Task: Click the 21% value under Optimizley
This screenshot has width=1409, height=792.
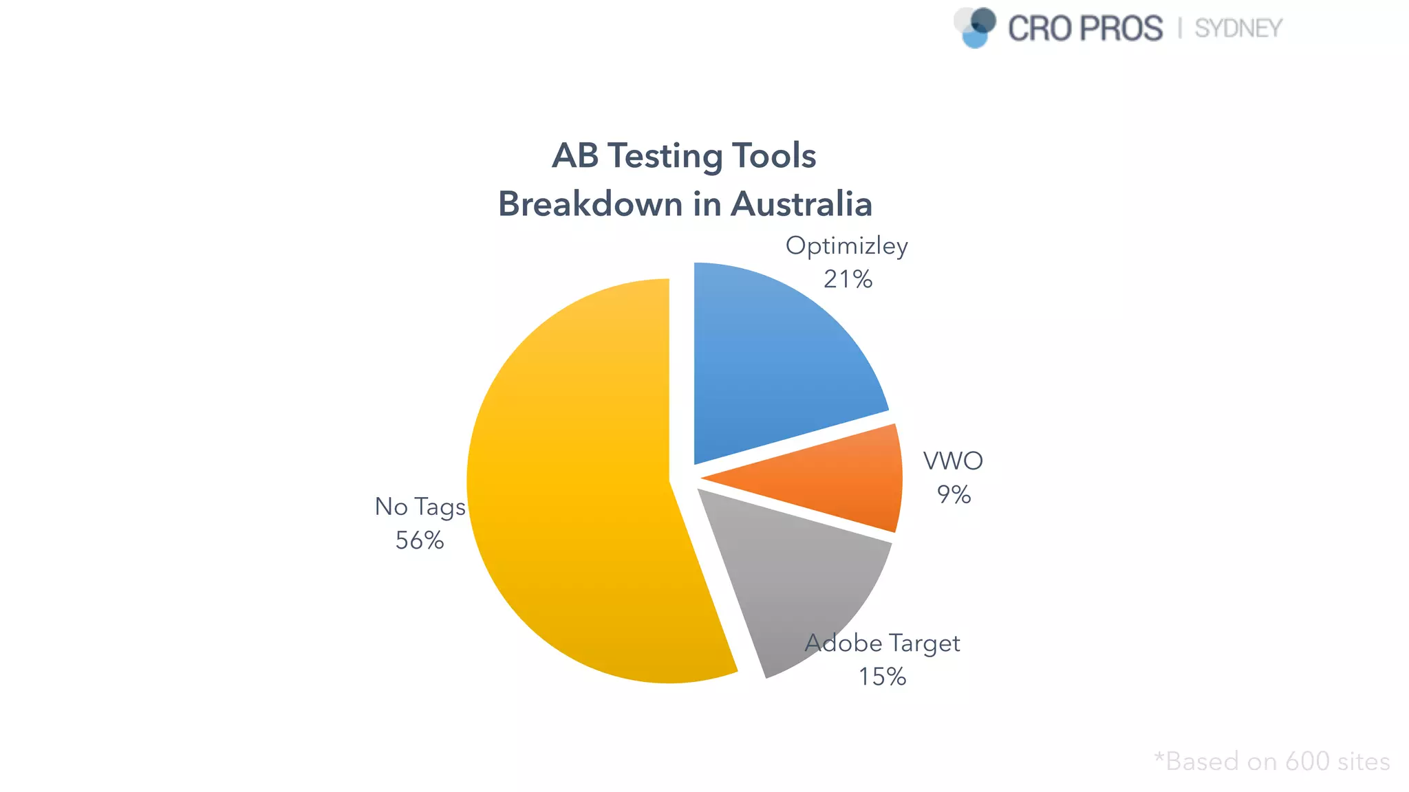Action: coord(848,279)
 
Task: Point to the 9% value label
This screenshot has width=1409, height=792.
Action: coord(954,494)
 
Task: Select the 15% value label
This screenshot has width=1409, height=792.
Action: coord(882,676)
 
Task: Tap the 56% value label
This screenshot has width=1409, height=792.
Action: coord(419,540)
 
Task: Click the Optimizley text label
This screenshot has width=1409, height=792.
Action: coord(846,246)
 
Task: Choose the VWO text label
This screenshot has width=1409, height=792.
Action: coord(953,461)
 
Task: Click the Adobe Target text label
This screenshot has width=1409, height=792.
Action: coord(883,643)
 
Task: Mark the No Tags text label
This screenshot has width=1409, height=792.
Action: coord(420,507)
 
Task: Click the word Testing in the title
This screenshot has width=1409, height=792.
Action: coord(665,156)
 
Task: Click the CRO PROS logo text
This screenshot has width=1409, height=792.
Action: coord(1085,29)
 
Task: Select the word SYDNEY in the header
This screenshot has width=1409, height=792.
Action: coord(1238,29)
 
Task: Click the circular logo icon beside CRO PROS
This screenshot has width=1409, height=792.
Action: coord(976,27)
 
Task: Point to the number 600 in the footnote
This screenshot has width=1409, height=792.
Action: coord(1307,762)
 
